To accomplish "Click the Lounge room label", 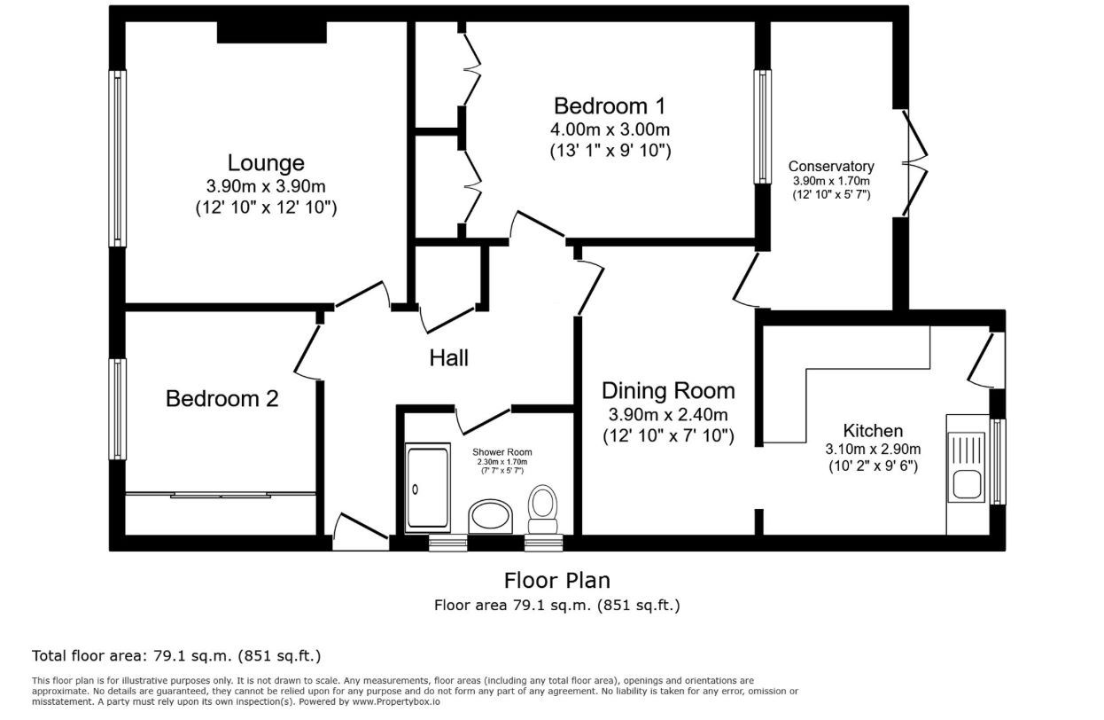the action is coord(266,163).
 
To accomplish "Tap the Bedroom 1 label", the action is coord(610,106).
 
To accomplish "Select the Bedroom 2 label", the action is coord(222,398).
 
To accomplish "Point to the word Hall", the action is coord(448,358).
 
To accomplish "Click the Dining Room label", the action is coord(668,391).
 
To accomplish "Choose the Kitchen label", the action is coord(873,431).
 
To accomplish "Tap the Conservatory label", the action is coord(831,167).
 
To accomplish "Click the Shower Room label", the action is coord(502,451).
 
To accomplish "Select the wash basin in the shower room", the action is coord(490,516).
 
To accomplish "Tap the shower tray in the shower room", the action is coord(428,488).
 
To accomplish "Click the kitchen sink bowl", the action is coord(967,484).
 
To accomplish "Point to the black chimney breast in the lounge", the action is coord(271,32).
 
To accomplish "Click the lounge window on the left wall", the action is coord(117,158).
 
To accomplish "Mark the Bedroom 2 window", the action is coord(117,409).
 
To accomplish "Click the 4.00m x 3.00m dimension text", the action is coord(610,129).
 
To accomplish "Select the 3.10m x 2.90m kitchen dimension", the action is coord(873,450).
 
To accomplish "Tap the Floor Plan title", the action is coord(557,581).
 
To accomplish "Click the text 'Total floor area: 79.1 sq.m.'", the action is coord(132,656).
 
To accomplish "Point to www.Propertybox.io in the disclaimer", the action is coord(395,701).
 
